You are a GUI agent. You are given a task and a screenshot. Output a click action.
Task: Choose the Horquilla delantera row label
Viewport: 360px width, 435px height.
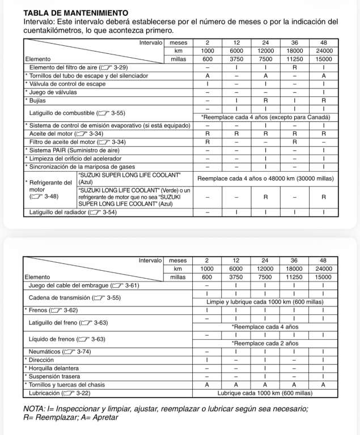pyautogui.click(x=54, y=368)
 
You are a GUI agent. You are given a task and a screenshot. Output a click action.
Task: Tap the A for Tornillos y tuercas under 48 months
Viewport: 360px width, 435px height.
pyautogui.click(x=323, y=384)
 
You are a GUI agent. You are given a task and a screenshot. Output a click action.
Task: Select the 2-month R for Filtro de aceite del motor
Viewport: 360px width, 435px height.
pyautogui.click(x=207, y=142)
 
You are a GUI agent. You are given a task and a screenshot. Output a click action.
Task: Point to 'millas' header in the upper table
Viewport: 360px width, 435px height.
pyautogui.click(x=178, y=58)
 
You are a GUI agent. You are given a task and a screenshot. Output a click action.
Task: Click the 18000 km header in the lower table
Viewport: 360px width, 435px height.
pyautogui.click(x=294, y=268)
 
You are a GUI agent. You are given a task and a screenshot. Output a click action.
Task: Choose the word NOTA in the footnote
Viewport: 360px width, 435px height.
pyautogui.click(x=36, y=408)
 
